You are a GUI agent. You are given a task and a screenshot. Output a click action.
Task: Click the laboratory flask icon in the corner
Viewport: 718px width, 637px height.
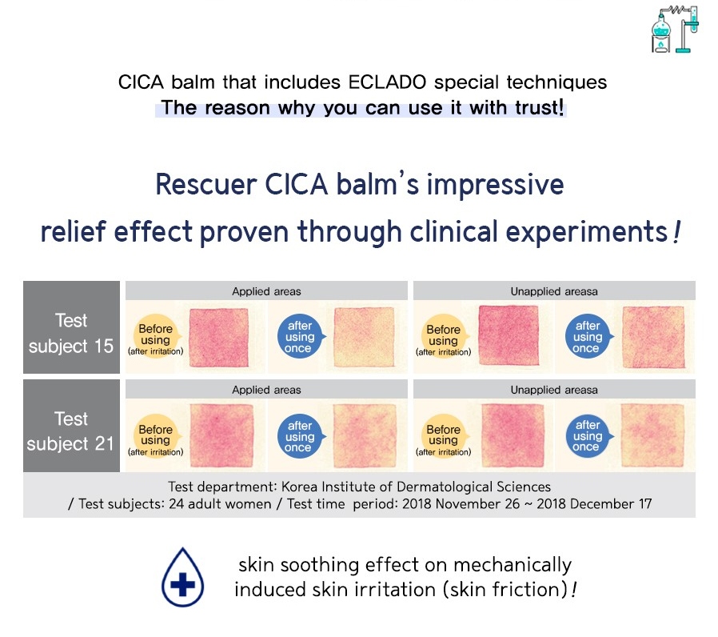675,30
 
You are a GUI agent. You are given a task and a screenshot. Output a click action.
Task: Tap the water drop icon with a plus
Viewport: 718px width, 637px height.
183,577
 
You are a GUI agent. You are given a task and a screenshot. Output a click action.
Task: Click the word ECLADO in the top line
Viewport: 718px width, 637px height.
387,82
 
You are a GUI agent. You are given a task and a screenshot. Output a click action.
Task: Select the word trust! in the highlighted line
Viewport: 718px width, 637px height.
539,108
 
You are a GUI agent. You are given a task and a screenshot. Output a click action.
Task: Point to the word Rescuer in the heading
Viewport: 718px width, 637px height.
206,184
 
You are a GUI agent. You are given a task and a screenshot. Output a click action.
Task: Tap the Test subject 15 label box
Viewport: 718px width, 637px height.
71,327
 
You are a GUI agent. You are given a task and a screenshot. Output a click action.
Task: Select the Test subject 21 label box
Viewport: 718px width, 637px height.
71,425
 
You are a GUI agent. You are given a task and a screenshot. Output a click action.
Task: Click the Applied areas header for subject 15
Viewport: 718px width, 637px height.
266,291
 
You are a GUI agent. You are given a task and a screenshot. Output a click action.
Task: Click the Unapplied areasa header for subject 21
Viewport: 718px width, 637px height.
554,390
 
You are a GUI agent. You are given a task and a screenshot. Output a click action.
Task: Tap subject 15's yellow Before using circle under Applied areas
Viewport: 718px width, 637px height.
156,336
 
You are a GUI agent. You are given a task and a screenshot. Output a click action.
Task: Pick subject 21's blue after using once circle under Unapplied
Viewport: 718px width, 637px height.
588,435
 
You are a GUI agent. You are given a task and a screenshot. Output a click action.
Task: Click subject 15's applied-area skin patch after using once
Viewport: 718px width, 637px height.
364,337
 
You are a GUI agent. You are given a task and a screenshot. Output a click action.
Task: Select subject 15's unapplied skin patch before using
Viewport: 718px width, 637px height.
509,335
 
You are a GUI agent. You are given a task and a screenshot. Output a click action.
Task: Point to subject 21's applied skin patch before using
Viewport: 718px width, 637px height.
221,435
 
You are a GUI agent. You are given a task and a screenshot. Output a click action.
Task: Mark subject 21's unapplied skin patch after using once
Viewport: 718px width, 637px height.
652,435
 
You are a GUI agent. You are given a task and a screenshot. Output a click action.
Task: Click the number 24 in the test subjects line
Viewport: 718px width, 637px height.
176,504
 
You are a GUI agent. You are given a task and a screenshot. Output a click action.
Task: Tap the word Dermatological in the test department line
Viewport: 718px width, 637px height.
439,487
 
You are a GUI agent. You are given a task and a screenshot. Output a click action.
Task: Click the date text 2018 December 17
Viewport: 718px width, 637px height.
594,504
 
